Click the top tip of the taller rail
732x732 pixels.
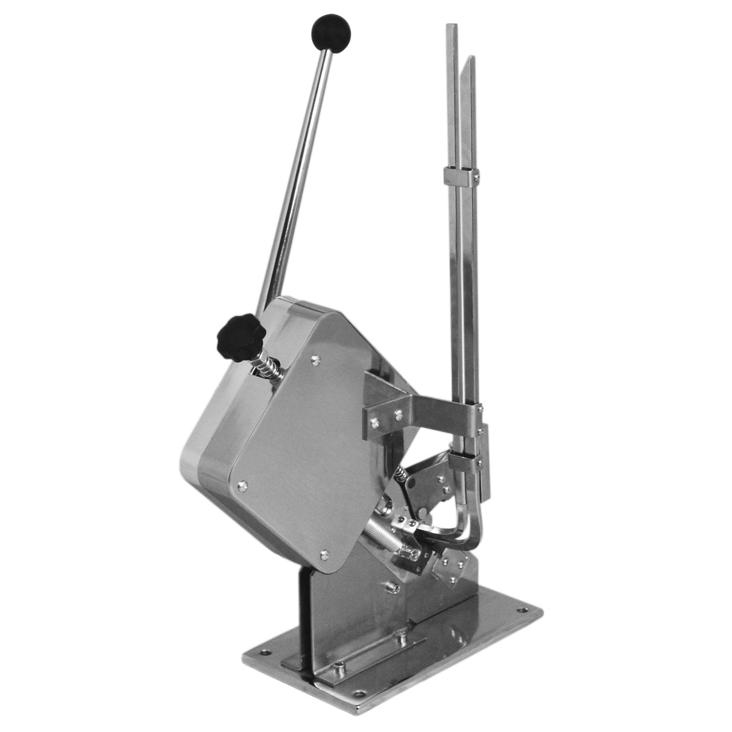[x=452, y=27]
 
